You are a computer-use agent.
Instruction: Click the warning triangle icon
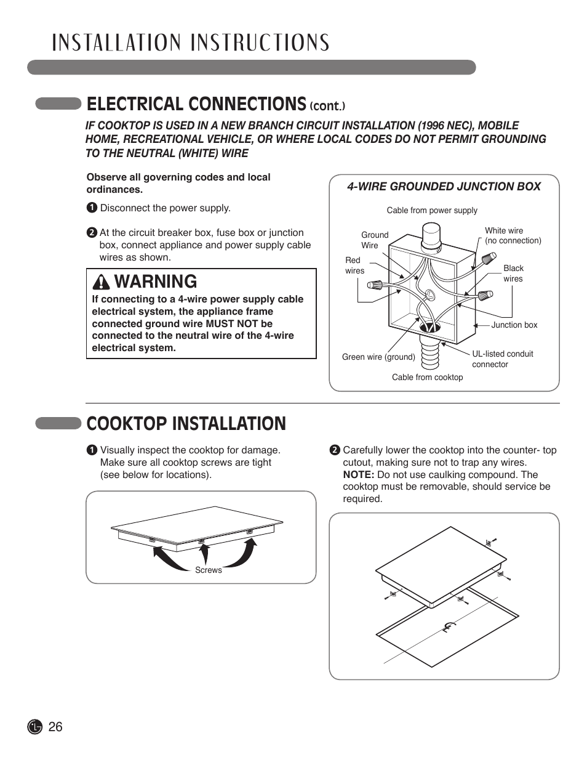(101, 282)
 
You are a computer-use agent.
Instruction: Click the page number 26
(55, 727)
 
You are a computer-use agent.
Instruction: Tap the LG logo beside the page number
(35, 727)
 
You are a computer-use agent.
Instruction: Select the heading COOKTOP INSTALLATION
(186, 424)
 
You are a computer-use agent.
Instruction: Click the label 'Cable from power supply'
(432, 211)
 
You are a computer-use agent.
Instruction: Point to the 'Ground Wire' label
(374, 240)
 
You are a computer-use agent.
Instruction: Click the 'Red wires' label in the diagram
(354, 265)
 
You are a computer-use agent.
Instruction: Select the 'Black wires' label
(513, 274)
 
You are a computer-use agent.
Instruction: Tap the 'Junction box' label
(514, 325)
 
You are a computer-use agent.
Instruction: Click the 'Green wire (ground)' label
(378, 357)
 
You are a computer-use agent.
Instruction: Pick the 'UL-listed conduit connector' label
(502, 359)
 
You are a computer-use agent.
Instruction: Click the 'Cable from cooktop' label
(427, 378)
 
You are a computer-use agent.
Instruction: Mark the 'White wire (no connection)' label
(513, 235)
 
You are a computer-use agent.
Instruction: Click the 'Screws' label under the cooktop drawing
(208, 570)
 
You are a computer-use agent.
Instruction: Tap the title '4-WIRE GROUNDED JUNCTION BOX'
(444, 187)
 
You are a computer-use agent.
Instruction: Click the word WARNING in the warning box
(156, 282)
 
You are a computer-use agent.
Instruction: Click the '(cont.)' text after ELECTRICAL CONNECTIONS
(327, 106)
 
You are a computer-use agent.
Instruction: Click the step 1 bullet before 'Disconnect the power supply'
(92, 208)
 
